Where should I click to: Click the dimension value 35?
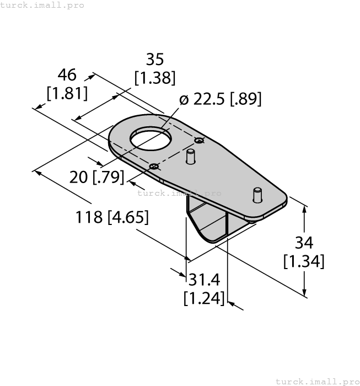pos(155,59)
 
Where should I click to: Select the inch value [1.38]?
pos(155,78)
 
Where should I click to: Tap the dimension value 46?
pos(67,75)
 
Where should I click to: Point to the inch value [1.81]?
pos(67,93)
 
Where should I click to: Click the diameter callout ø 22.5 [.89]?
pos(220,99)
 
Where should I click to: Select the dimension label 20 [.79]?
pos(96,177)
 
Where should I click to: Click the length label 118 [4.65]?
pos(112,217)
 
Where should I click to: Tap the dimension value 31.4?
pos(204,280)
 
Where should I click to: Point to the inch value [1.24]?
pos(204,298)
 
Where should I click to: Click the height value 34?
pos(304,242)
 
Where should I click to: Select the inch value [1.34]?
pos(304,261)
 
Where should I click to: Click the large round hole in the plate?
pos(151,140)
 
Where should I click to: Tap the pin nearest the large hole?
pos(191,157)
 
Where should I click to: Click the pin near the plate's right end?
pos(257,195)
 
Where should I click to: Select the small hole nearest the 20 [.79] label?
pos(154,167)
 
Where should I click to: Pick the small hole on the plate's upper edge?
pos(200,141)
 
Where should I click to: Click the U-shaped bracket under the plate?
pos(208,222)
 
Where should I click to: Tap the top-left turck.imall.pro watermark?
pos(42,5)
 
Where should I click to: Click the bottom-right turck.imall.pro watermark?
pos(316,381)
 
